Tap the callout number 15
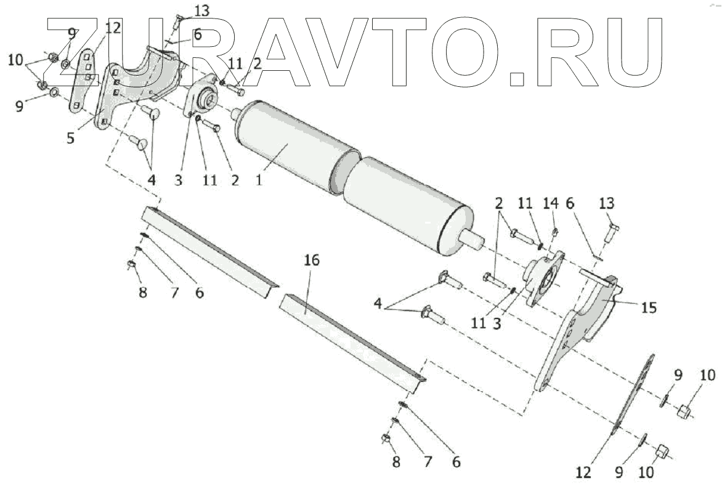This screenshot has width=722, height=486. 648,306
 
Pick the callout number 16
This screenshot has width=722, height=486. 312,261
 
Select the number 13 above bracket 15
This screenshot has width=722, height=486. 607,204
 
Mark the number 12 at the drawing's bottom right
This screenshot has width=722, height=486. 583,472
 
